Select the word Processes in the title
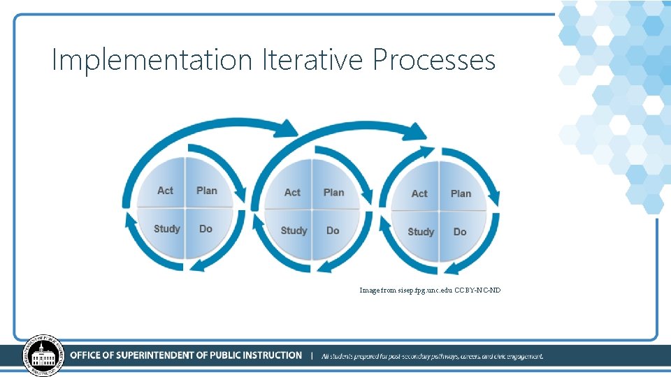[434, 60]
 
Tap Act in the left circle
[165, 191]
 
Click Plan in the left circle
[207, 191]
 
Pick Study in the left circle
[167, 229]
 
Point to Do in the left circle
[205, 229]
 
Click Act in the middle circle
[292, 193]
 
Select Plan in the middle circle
[333, 193]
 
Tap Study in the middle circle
[294, 231]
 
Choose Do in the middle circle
[333, 231]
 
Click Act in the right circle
[419, 194]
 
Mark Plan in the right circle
[461, 194]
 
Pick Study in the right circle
[421, 232]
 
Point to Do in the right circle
[460, 232]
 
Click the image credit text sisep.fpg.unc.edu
[421, 290]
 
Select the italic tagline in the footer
[432, 356]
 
